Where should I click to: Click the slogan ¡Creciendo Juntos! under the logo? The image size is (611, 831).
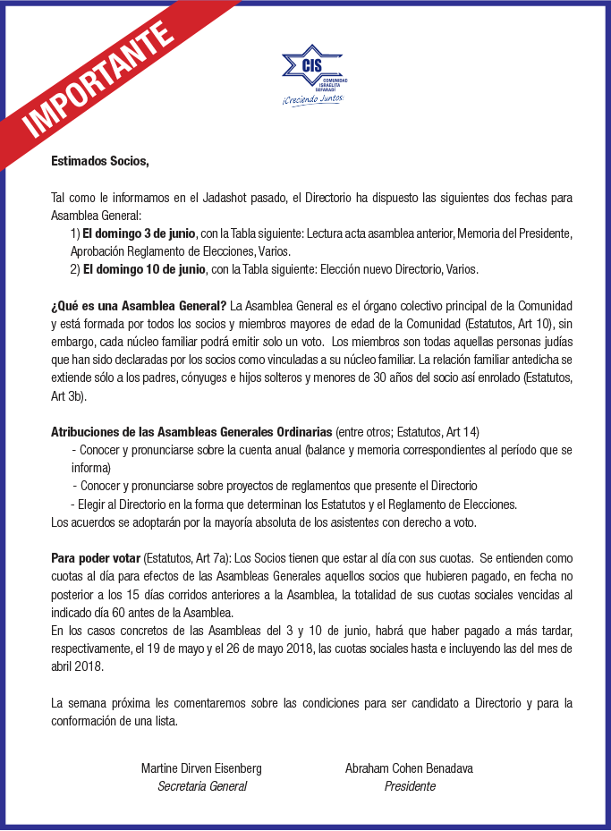[x=313, y=98]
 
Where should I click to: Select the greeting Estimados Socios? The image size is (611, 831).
[x=99, y=162]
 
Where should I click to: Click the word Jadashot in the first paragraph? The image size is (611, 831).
[x=225, y=197]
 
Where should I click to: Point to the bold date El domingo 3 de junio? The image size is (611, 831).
[x=140, y=233]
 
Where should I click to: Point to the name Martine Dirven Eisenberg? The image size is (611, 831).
[x=201, y=768]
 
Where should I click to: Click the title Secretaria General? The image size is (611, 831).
[x=202, y=786]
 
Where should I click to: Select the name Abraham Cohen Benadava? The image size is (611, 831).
[x=410, y=768]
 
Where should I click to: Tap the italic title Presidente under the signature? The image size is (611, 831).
[x=410, y=786]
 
